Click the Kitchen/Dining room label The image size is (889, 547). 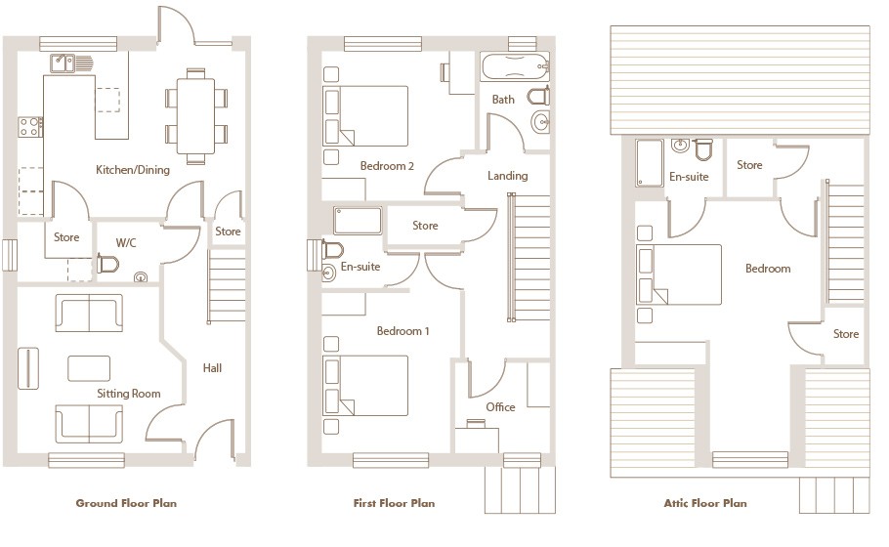point(133,170)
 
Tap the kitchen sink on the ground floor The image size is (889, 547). point(63,63)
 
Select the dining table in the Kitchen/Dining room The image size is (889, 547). point(195,116)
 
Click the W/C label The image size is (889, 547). point(126,243)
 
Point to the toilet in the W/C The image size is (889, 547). point(107,264)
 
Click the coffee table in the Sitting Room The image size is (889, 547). point(89,368)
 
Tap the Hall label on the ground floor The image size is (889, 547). point(212,368)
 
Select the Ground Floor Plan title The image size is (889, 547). point(126,503)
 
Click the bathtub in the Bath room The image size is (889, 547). point(516,66)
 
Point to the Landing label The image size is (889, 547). point(507,176)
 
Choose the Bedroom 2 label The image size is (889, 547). point(387,166)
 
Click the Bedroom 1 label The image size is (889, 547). point(402,331)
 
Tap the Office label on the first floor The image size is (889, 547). point(500,407)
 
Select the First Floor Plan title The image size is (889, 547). point(394,503)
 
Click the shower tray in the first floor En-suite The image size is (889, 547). point(358,221)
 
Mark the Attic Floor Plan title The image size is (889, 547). point(705,503)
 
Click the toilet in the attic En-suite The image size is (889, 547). point(703,149)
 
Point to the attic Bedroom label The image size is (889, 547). point(768,269)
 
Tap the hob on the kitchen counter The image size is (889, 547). point(30,127)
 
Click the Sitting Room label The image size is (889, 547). point(129,394)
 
